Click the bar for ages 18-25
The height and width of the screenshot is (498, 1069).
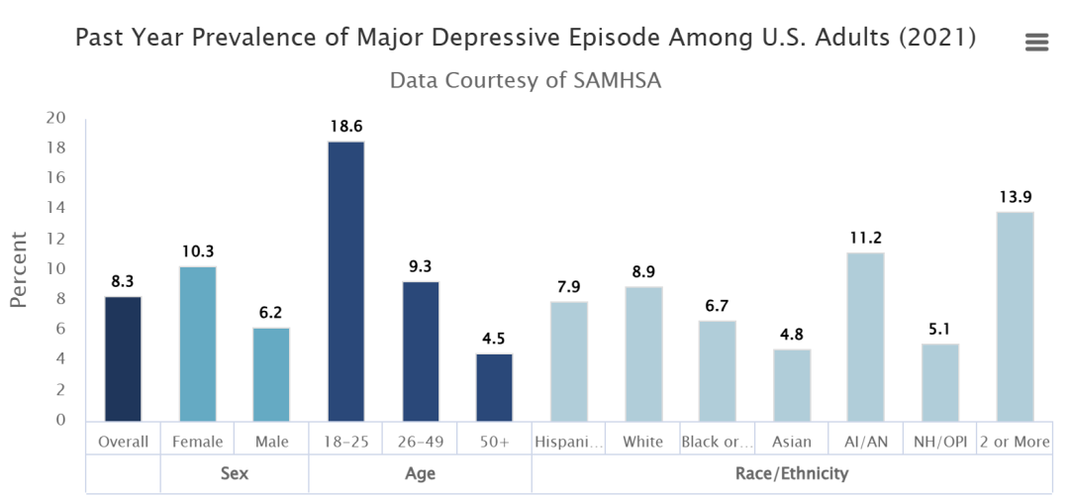pos(345,281)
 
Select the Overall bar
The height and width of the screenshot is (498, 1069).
pos(123,358)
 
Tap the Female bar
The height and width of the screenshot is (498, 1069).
pos(197,344)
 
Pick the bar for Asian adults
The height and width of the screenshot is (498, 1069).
pos(792,384)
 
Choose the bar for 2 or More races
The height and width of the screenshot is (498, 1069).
pos(1015,316)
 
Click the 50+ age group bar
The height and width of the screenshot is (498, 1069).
pos(494,387)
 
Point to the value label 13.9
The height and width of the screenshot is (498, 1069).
pos(1015,198)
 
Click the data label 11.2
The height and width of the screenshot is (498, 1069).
pos(866,239)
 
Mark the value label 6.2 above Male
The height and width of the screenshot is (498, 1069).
pos(271,314)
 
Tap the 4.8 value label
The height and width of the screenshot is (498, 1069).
pos(792,335)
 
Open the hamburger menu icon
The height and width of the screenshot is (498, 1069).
pos(1036,42)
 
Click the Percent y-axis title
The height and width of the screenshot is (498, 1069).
pos(19,268)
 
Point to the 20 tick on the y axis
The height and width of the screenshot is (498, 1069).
pos(55,118)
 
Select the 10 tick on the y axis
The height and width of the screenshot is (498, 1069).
pos(55,269)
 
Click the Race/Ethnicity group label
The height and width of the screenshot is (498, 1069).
pos(791,474)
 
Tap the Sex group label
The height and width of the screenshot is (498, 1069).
pos(234,474)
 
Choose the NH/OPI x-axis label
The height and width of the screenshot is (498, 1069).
pos(939,442)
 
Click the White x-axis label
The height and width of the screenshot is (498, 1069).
pos(643,442)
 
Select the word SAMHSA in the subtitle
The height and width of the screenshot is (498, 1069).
pos(617,80)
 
